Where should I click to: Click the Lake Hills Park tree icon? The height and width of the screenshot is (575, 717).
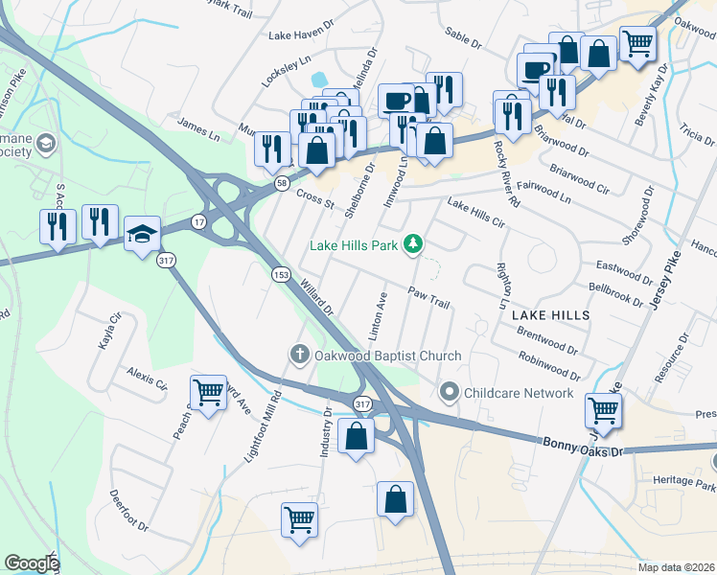click(413, 245)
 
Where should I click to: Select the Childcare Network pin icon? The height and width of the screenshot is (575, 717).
click(449, 393)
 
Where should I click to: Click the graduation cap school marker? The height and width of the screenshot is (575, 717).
click(142, 234)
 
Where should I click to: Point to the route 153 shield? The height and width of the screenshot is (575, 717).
click(281, 275)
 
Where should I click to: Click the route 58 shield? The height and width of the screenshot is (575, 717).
click(281, 183)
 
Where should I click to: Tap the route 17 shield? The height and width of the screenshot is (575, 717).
click(198, 221)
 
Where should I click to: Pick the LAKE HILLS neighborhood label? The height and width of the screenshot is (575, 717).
click(549, 314)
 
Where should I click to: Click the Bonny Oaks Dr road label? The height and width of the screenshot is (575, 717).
click(583, 446)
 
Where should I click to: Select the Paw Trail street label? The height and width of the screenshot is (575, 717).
click(428, 297)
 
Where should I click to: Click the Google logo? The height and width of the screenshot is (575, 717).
click(32, 563)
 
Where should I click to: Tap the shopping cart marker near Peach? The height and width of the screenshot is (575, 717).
click(207, 391)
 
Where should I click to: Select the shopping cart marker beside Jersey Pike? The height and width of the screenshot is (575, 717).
click(604, 410)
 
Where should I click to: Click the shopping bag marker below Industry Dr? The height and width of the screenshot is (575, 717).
click(356, 436)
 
